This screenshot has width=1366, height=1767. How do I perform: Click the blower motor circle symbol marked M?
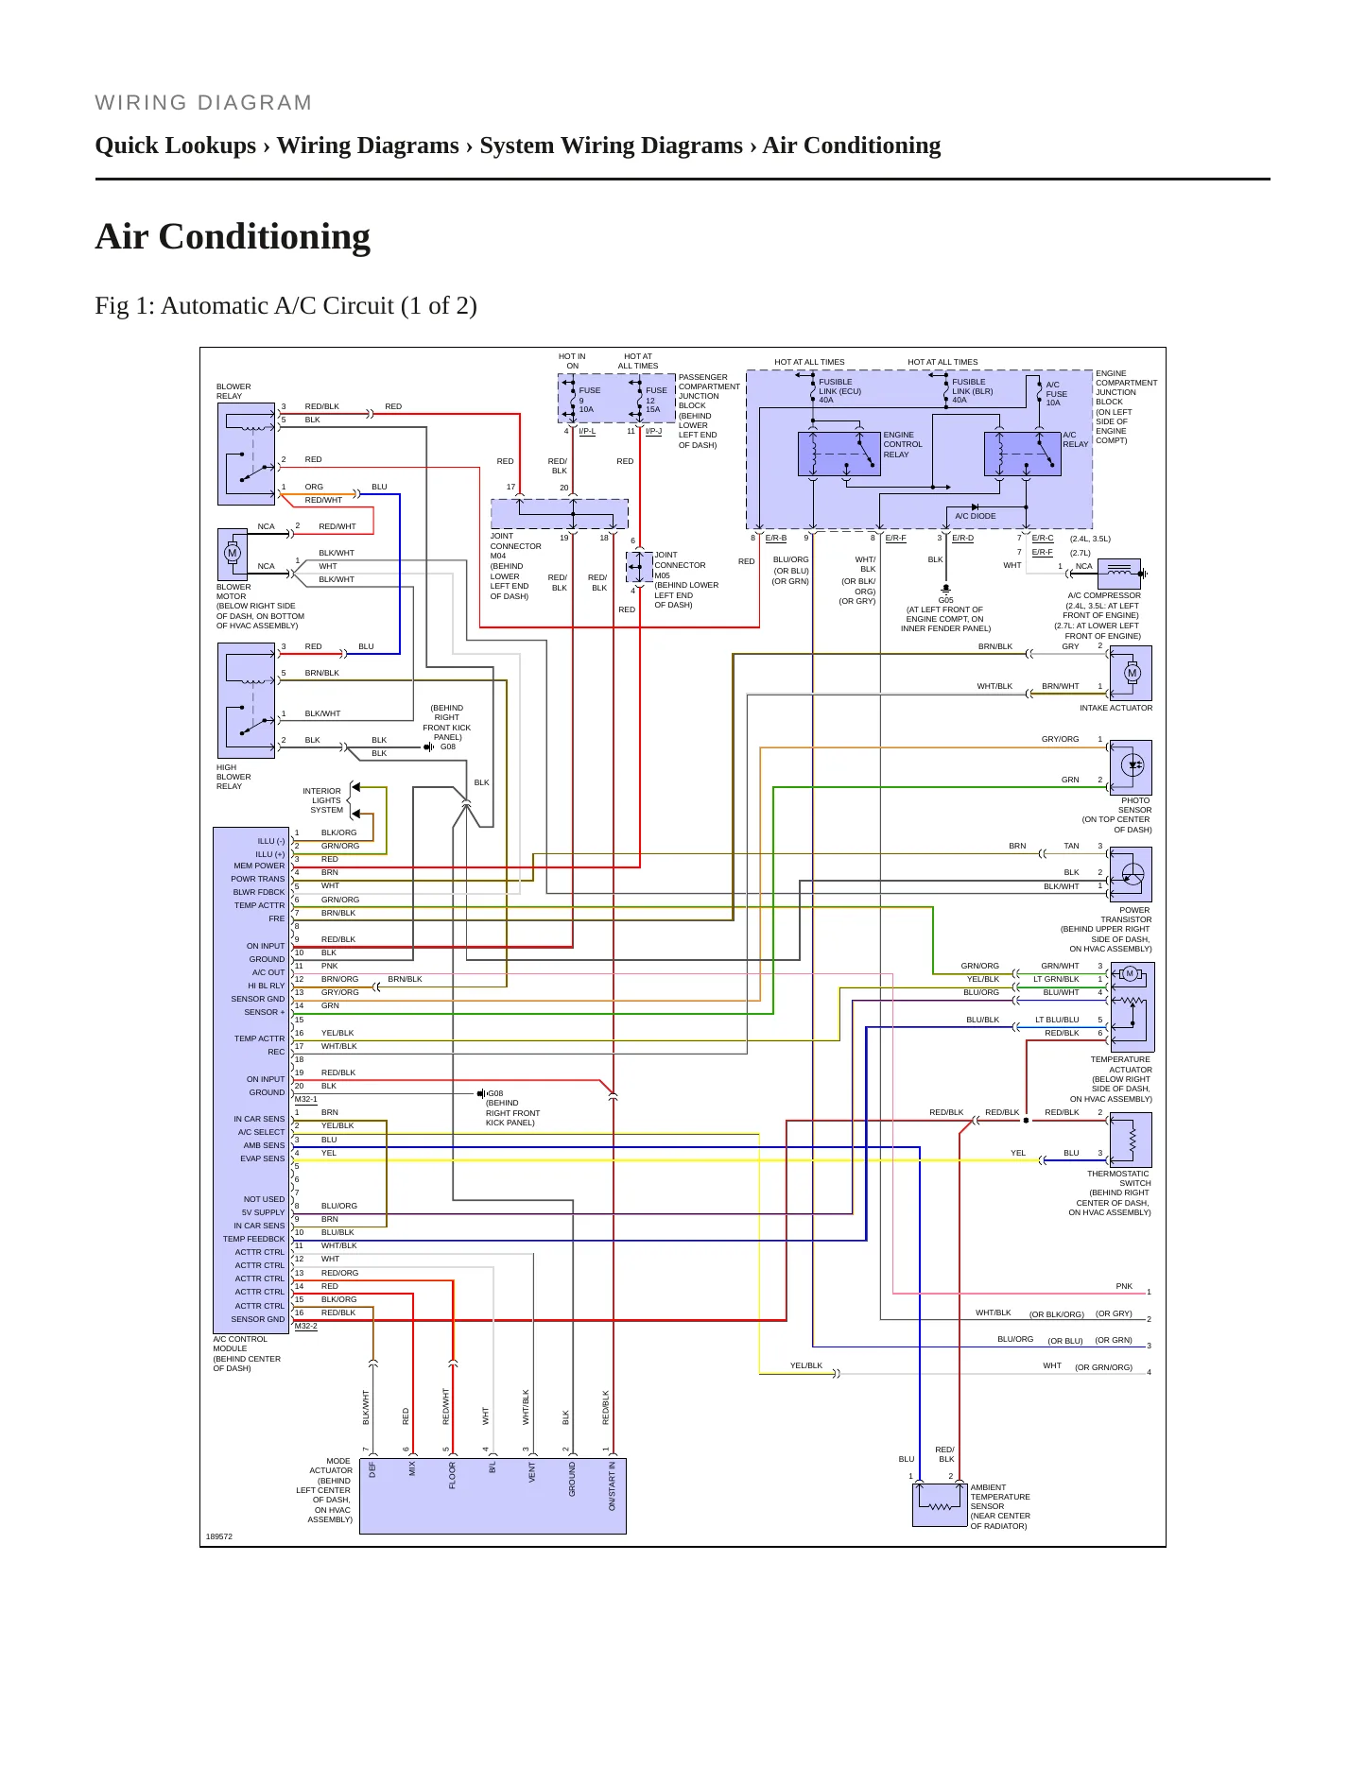coord(233,553)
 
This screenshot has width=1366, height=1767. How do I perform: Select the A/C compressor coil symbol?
coord(1119,574)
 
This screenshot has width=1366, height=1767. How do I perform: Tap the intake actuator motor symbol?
coord(1133,673)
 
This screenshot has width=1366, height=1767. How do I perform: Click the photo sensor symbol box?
coord(1131,767)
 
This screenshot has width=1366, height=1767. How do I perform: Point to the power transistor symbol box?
coord(1131,874)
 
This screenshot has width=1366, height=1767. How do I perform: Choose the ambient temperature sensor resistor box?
coord(940,1504)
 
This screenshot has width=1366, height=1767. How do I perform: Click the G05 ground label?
coord(945,600)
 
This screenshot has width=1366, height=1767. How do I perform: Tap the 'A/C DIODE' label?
coord(975,516)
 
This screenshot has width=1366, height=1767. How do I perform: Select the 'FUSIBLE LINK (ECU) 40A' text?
coord(839,391)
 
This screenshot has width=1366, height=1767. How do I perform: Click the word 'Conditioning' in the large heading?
coord(264,236)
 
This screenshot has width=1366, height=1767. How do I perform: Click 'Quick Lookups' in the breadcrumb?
coord(176,146)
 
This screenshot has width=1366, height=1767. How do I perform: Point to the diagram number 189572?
coord(219,1536)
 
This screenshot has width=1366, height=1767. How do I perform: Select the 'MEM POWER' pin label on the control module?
coord(259,866)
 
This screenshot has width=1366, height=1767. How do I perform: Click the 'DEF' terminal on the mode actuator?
coord(372,1470)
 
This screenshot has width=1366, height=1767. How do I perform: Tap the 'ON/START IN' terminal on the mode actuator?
coord(612,1486)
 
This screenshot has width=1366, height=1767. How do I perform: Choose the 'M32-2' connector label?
coord(306,1326)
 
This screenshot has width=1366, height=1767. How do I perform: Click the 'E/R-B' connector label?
coord(776,538)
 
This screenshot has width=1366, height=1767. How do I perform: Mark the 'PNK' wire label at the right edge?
coord(1124,1286)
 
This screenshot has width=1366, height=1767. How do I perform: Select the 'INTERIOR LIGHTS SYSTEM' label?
coord(323,800)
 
